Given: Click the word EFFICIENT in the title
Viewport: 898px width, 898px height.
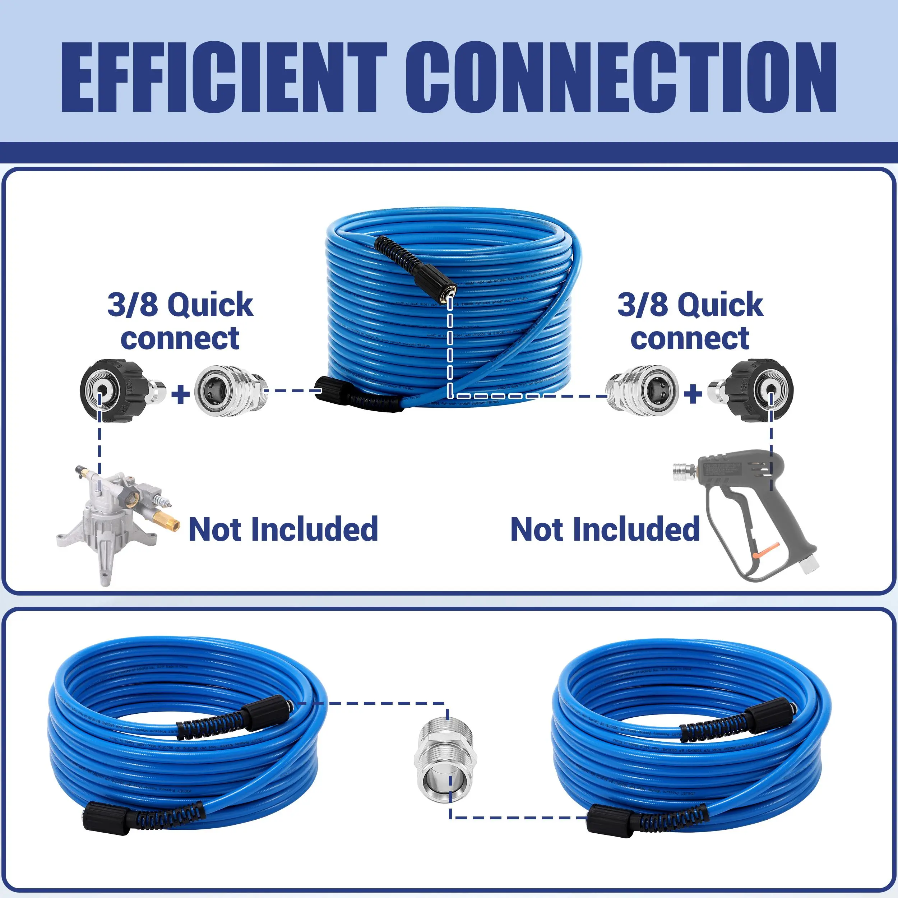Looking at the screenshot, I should coord(223,77).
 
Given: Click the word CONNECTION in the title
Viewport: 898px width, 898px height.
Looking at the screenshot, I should coord(620,77).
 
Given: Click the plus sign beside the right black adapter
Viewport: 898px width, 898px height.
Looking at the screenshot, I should coord(693,394).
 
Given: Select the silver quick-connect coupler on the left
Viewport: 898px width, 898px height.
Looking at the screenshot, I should coord(231,390).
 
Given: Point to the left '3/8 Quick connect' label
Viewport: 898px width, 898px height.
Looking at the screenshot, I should coord(180,321).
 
